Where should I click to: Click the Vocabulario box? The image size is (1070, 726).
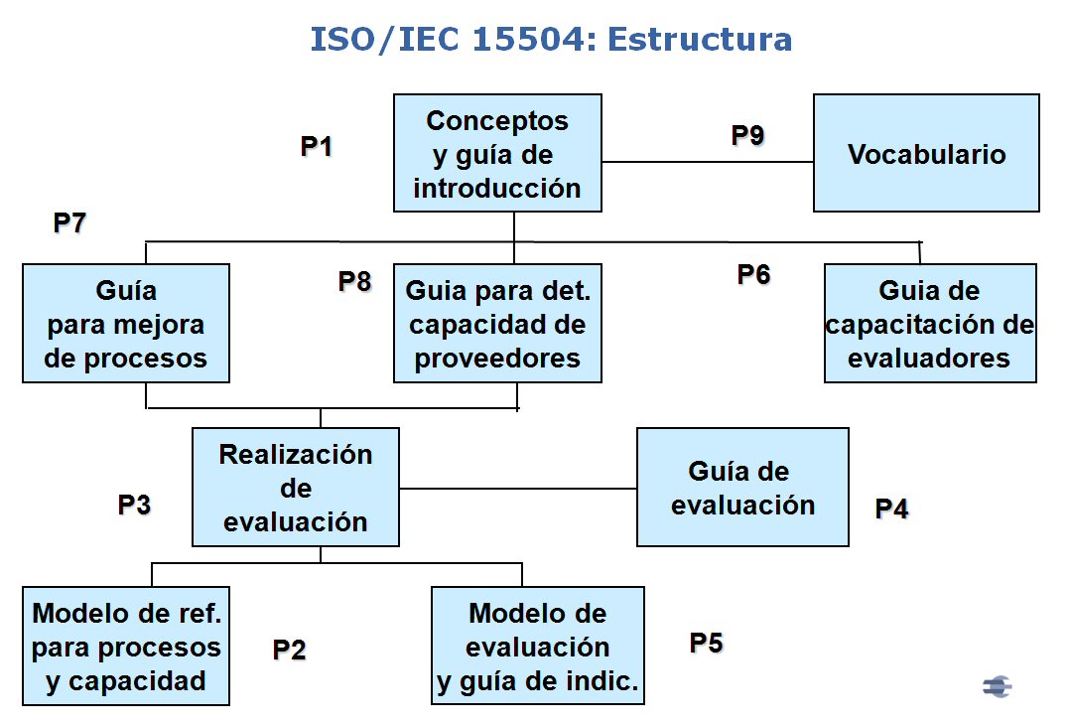[926, 153]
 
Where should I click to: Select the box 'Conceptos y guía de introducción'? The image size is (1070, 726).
[497, 153]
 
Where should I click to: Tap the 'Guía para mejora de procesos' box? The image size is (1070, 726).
[125, 323]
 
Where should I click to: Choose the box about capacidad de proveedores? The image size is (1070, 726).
[497, 323]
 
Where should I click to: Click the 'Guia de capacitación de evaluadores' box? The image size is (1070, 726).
[930, 323]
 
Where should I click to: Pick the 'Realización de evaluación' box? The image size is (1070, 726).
[296, 487]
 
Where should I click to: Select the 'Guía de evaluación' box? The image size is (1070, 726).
[742, 487]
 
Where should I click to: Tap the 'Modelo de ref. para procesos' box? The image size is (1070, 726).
[125, 647]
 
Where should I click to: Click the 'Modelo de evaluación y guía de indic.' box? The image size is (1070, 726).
[538, 647]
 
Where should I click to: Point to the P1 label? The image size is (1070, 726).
[317, 146]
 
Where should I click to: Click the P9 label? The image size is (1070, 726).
[748, 135]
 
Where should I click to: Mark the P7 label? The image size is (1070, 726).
[69, 222]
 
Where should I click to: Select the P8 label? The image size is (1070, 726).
[355, 281]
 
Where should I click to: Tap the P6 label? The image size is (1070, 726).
[754, 274]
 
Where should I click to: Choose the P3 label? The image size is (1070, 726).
[134, 505]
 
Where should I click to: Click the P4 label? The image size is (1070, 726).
[892, 508]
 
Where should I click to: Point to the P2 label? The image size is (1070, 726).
[290, 650]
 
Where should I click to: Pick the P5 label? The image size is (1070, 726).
[707, 643]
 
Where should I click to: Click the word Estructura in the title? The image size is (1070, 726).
[700, 39]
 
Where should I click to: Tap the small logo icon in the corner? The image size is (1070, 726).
[997, 686]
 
